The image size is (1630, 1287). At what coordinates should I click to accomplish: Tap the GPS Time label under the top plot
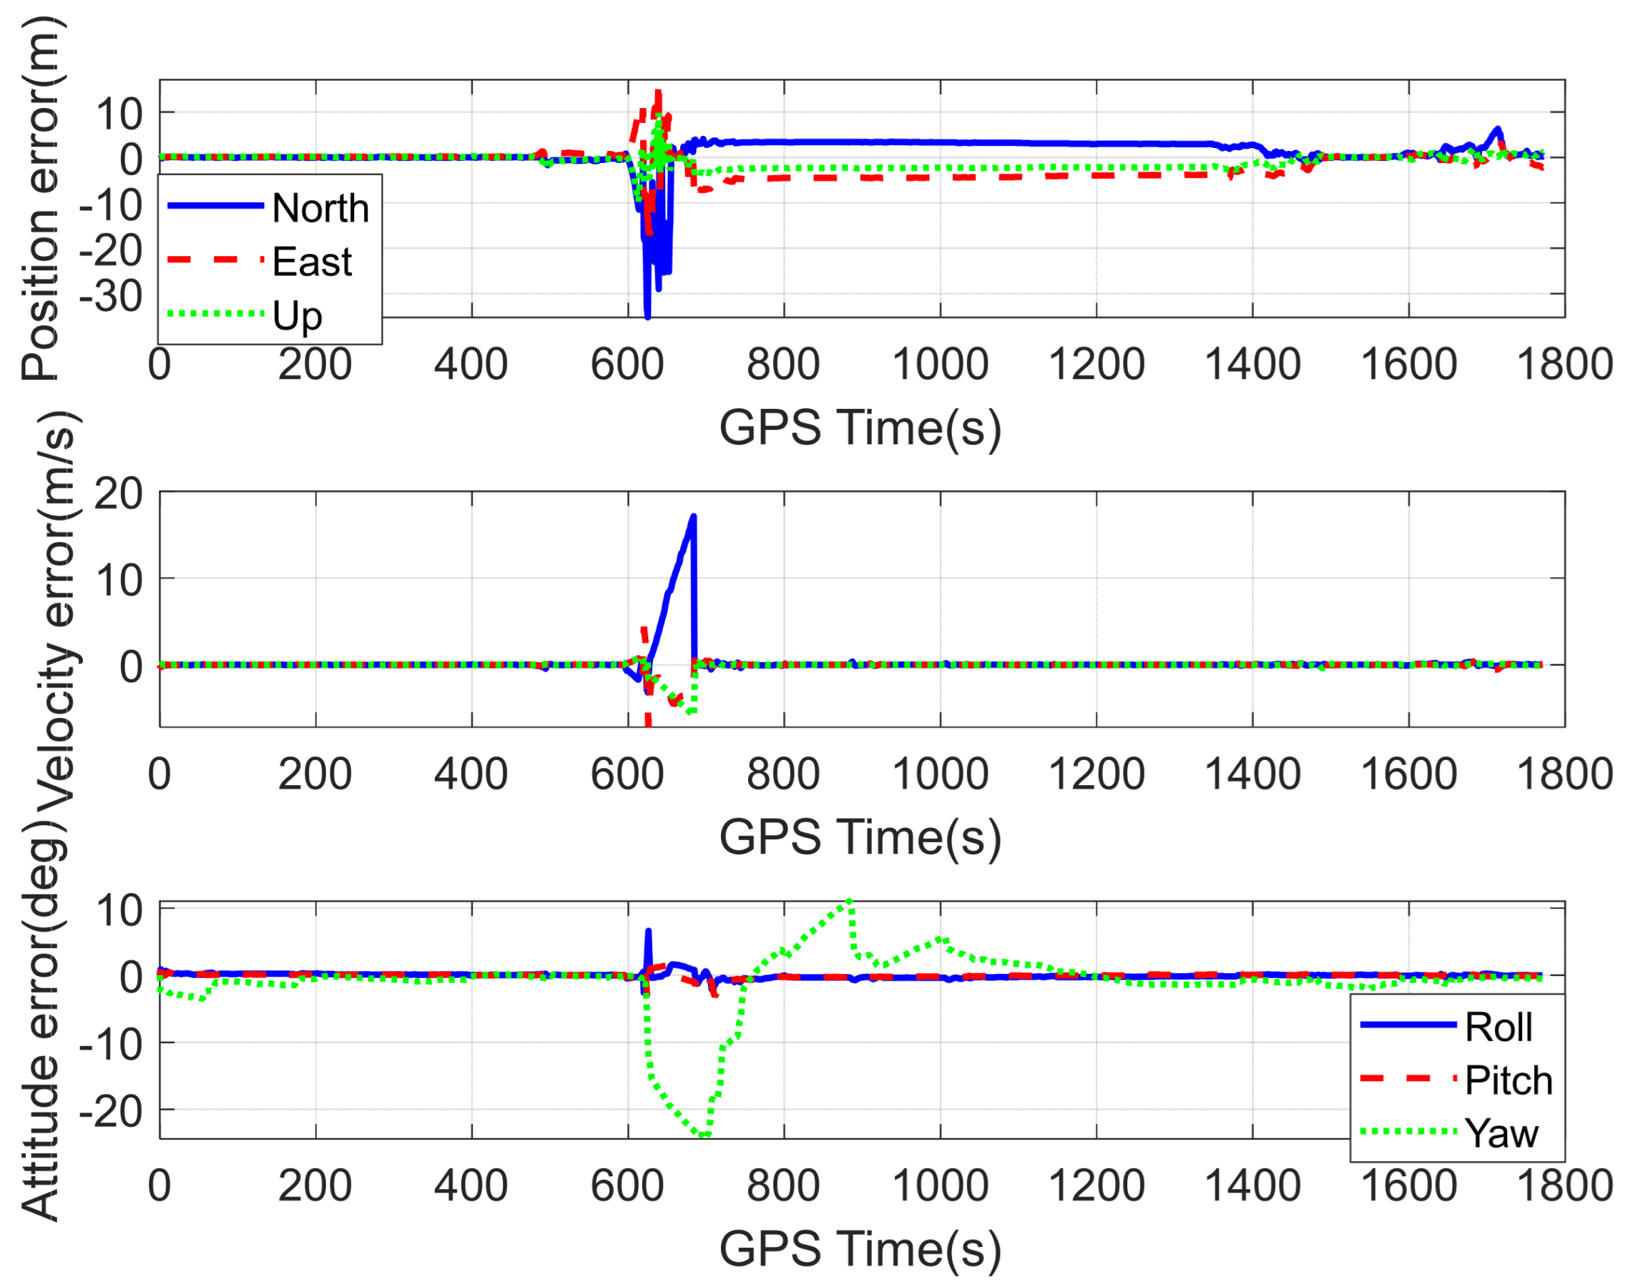tap(860, 428)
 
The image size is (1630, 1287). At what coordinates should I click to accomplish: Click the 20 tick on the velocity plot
tap(117, 495)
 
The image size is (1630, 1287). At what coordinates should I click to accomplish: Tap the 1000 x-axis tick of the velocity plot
tap(940, 774)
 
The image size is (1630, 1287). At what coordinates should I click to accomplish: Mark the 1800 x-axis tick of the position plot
tap(1564, 365)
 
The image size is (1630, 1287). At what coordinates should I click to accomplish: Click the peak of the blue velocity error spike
tap(693, 517)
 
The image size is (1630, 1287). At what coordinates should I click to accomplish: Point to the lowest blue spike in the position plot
tap(647, 316)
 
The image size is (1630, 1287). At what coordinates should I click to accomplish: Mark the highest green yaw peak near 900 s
tap(849, 901)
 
